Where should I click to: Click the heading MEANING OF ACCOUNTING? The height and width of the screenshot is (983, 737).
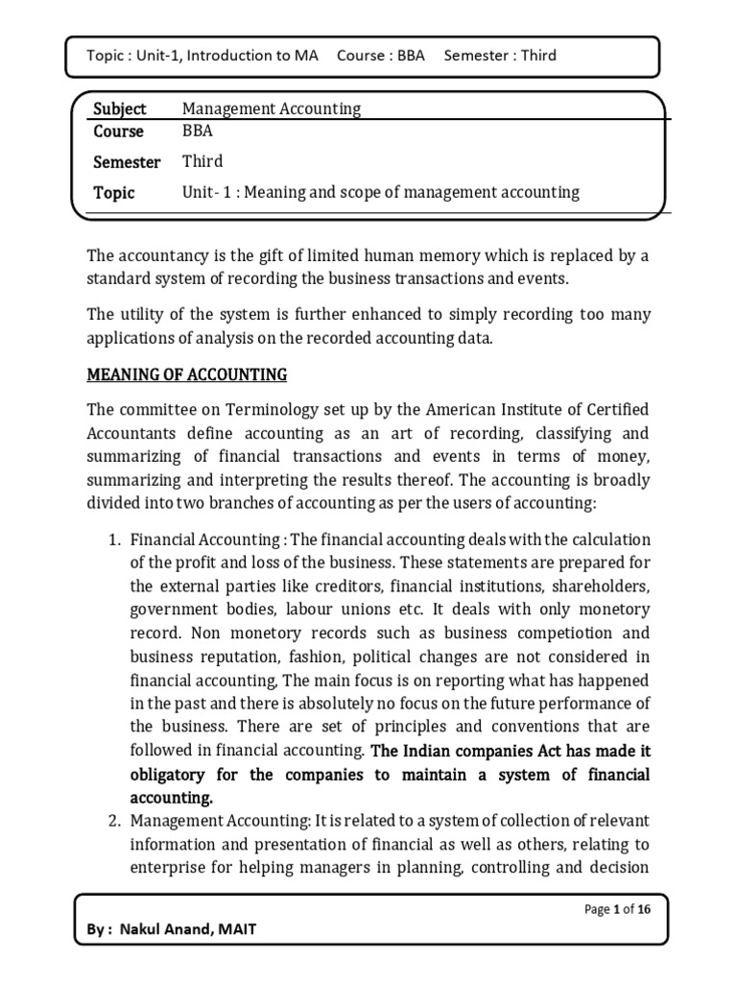(186, 373)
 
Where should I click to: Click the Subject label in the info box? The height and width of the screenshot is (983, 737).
(120, 109)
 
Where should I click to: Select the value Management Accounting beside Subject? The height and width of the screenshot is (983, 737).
(272, 109)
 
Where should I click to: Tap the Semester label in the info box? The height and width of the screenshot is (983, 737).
(127, 162)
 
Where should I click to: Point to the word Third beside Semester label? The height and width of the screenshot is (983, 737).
(202, 162)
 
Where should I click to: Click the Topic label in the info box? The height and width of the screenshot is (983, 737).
(114, 193)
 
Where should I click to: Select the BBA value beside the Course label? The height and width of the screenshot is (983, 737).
(198, 132)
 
